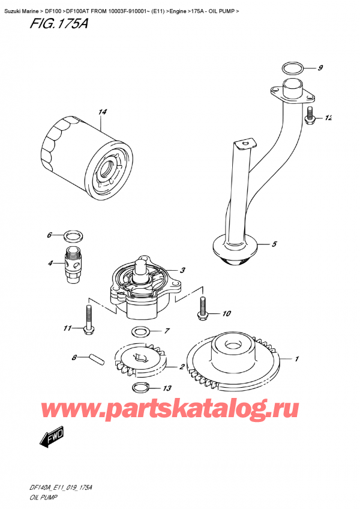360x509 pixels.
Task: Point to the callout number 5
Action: point(274,244)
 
